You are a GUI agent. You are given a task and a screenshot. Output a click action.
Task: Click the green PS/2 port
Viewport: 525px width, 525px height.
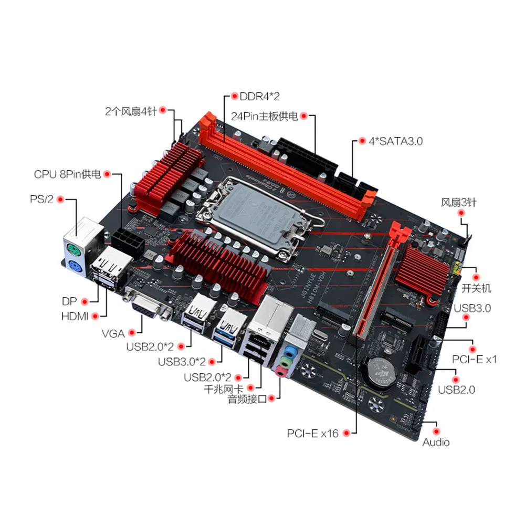[x=73, y=248]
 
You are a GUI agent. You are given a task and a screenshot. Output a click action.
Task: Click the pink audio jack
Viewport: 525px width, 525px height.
[x=282, y=371]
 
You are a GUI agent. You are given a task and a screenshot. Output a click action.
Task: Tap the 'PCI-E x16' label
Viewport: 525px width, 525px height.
[x=313, y=433]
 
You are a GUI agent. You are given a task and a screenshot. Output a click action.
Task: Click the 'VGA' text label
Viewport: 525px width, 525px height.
[x=114, y=332]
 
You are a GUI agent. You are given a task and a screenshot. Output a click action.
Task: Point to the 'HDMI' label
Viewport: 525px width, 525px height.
[x=75, y=316]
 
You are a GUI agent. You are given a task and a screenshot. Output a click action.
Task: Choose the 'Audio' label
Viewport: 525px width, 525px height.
[x=436, y=442]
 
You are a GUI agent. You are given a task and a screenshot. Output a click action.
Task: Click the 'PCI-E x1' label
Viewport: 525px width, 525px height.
[x=474, y=360]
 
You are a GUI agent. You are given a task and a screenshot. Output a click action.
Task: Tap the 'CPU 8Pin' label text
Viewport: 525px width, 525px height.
[x=67, y=174]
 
